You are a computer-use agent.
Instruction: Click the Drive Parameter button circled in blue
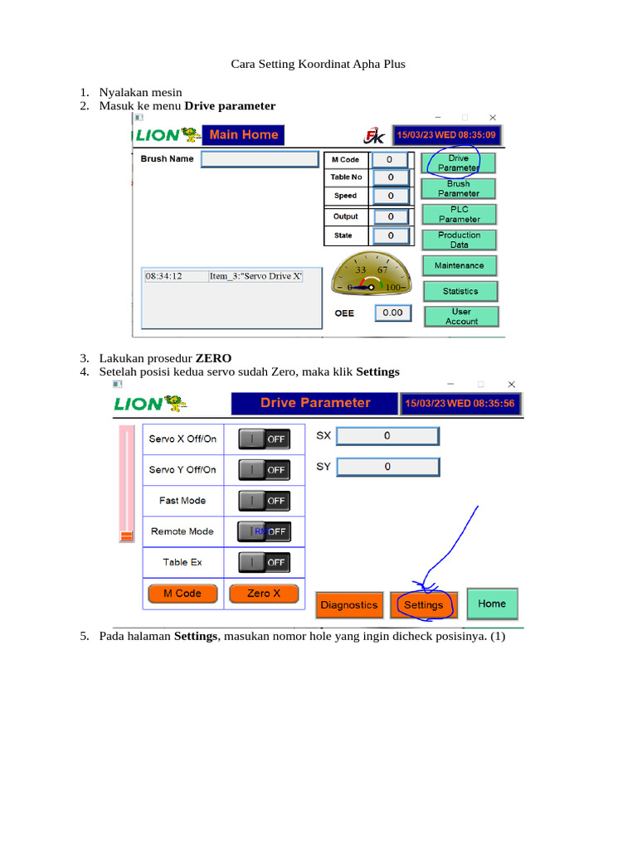click(x=459, y=163)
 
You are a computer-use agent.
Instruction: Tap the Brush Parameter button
click(x=459, y=188)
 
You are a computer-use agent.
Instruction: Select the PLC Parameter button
click(x=459, y=214)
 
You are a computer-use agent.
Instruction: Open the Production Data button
click(x=459, y=240)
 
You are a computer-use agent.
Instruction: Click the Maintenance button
click(x=459, y=265)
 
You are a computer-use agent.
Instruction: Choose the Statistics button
click(x=460, y=291)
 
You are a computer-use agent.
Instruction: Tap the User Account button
click(x=461, y=316)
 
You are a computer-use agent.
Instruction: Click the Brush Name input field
click(x=260, y=159)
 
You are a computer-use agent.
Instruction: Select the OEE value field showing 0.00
click(x=392, y=313)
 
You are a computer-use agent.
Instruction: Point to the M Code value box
click(x=389, y=159)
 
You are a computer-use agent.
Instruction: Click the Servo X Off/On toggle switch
click(x=265, y=439)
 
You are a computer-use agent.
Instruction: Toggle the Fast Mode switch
click(x=265, y=501)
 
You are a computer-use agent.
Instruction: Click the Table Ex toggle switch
click(x=265, y=562)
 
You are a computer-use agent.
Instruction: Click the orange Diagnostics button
click(x=348, y=605)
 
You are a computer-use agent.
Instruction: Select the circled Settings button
click(x=423, y=605)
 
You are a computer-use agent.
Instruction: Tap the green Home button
click(x=492, y=604)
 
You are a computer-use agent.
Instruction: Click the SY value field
click(x=387, y=467)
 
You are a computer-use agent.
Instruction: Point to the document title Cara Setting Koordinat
click(x=318, y=64)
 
